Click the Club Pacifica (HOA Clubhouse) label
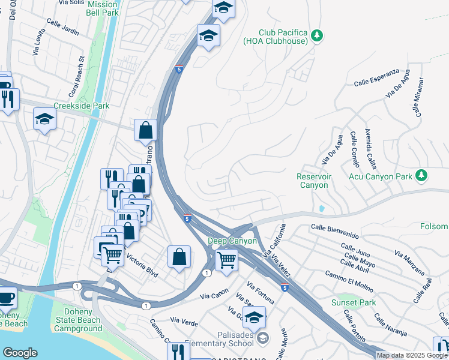283,37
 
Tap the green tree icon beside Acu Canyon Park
422,175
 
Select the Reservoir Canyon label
312,181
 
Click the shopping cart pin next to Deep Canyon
226,260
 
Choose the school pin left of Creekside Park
44,119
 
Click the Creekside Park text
82,106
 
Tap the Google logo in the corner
20,353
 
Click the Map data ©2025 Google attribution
412,355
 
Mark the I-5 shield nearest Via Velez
285,288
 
